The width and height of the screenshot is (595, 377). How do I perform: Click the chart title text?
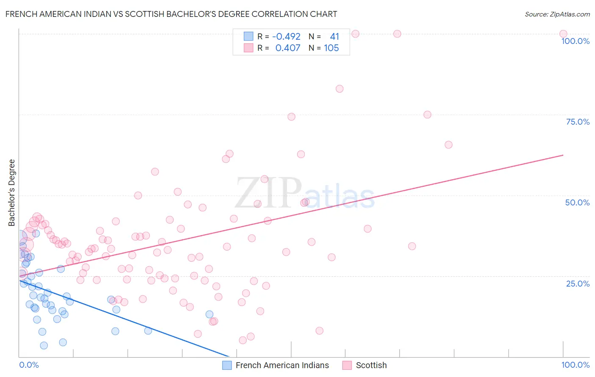click(171, 14)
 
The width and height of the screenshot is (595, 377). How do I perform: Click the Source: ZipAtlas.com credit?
click(557, 14)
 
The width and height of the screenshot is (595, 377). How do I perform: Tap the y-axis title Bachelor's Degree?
click(11, 192)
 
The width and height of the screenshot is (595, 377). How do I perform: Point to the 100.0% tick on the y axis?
click(575, 41)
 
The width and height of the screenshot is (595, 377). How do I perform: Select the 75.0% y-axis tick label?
click(578, 122)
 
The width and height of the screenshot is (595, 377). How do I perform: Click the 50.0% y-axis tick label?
click(577, 202)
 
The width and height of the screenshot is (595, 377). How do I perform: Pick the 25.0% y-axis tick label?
click(578, 284)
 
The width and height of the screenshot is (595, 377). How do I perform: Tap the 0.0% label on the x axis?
click(29, 365)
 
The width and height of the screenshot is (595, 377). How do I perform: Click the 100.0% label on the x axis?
click(575, 365)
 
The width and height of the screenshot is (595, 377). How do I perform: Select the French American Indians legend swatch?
click(227, 365)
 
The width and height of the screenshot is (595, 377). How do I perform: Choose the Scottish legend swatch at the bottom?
click(347, 365)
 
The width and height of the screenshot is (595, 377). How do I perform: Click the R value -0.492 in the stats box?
click(286, 37)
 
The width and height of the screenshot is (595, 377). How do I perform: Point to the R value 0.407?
click(288, 48)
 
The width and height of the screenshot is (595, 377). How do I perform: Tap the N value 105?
click(331, 48)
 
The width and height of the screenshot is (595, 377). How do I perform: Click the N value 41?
click(334, 37)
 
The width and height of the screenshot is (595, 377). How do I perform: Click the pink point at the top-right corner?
click(563, 34)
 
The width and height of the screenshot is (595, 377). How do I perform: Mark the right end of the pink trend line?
click(563, 155)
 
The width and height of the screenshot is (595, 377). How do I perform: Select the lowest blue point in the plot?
click(44, 346)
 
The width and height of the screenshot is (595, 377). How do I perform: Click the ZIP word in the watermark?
click(268, 193)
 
